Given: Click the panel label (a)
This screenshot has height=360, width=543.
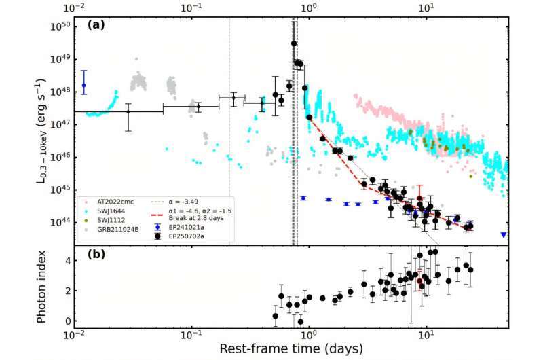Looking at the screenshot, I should tap(96, 28).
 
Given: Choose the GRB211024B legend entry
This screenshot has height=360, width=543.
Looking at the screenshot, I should tap(112, 228).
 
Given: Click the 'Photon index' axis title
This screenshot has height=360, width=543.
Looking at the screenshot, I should tap(41, 287).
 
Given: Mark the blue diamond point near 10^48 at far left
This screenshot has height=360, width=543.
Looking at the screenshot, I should tap(84, 86).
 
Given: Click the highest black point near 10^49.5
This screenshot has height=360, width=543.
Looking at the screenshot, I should tap(294, 43).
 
